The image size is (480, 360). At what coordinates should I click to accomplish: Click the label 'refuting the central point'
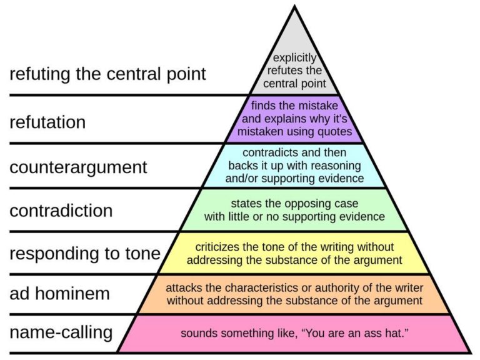[x=107, y=74]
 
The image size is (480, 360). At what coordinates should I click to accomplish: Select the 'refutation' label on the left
[x=47, y=122]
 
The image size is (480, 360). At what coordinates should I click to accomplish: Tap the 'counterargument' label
[x=78, y=167]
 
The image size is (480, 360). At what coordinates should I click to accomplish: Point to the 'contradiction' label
[x=61, y=211]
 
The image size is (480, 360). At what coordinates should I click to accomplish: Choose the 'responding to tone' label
[x=84, y=254]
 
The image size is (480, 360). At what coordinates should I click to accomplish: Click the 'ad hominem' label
[x=59, y=293]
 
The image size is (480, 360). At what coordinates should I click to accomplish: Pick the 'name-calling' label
[x=61, y=332]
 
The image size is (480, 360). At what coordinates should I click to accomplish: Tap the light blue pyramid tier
[x=294, y=166]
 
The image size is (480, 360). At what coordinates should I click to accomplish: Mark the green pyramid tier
[x=294, y=210]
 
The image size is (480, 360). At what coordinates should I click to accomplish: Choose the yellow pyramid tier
[x=294, y=253]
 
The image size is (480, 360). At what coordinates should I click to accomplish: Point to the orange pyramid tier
[x=294, y=294]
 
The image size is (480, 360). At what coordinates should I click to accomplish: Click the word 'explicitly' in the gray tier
[x=294, y=58]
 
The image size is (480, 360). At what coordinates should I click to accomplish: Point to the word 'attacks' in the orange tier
[x=182, y=287]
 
